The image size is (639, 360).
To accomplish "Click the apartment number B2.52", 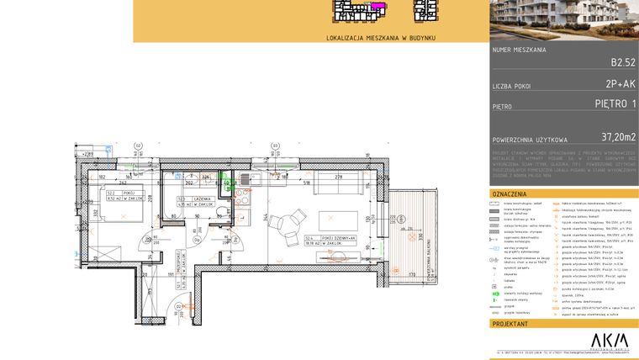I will (x=623, y=62).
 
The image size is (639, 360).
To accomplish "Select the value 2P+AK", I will (x=621, y=84).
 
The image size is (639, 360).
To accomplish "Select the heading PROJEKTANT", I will (x=510, y=323).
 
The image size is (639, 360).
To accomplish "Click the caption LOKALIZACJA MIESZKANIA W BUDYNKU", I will (x=381, y=38).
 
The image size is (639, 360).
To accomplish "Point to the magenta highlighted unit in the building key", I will (x=379, y=7).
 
